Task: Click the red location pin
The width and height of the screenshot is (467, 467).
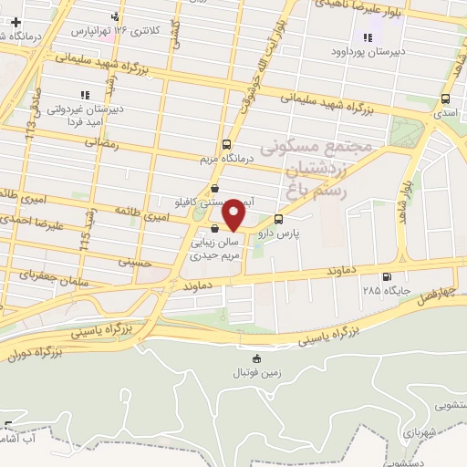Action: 234,214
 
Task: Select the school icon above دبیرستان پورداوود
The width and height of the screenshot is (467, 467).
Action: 368,37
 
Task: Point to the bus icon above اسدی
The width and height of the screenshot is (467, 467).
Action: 445,99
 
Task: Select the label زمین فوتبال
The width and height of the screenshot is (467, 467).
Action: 257,374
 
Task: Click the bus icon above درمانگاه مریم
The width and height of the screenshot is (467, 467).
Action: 226,144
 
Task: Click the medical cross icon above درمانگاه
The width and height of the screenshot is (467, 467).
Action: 16,21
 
